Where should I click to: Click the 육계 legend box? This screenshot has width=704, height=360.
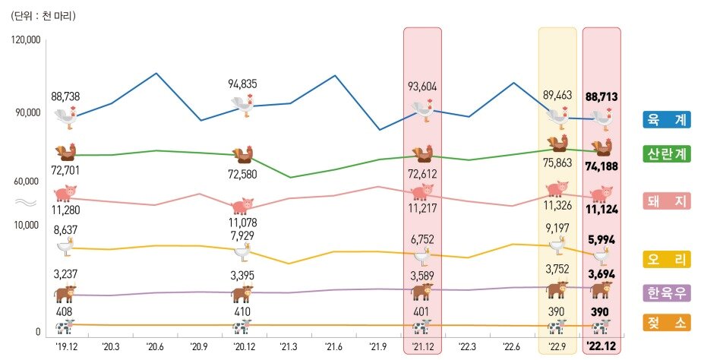pyautogui.click(x=667, y=119)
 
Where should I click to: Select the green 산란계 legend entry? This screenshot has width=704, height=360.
pyautogui.click(x=667, y=153)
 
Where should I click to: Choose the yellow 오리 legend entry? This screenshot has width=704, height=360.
pyautogui.click(x=667, y=260)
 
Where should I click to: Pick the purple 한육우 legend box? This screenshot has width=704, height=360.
pyautogui.click(x=667, y=293)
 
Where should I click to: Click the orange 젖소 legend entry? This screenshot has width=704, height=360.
pyautogui.click(x=667, y=322)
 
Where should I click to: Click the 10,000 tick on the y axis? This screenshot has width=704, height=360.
pyautogui.click(x=27, y=226)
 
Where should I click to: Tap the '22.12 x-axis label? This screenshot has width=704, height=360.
pyautogui.click(x=601, y=347)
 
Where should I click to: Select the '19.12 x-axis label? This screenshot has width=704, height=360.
pyautogui.click(x=67, y=347)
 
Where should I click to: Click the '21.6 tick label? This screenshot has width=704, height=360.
pyautogui.click(x=333, y=347)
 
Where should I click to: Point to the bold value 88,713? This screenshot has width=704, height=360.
pyautogui.click(x=601, y=97)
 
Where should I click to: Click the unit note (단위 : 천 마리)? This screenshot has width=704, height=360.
pyautogui.click(x=44, y=15)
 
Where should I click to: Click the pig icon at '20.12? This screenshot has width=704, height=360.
pyautogui.click(x=242, y=206)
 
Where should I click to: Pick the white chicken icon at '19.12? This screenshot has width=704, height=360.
pyautogui.click(x=67, y=116)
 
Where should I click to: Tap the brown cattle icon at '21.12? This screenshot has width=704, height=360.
pyautogui.click(x=421, y=292)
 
